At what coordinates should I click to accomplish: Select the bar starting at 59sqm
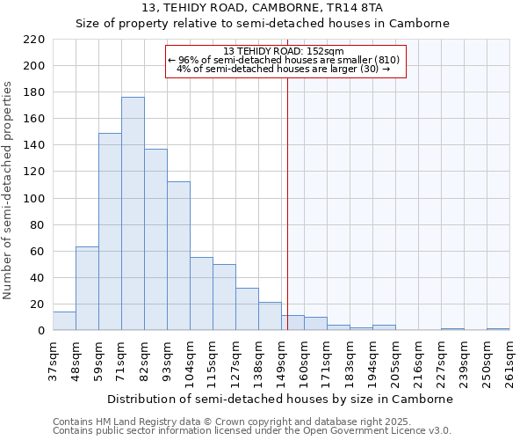110,231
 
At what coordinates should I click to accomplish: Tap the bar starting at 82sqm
155,239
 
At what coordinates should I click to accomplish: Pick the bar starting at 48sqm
87,289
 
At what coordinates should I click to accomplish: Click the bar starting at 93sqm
178,256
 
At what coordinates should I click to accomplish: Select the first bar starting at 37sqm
64,321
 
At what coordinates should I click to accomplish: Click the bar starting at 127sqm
247,310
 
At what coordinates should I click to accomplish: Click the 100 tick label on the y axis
34,199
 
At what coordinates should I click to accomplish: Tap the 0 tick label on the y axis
41,331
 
